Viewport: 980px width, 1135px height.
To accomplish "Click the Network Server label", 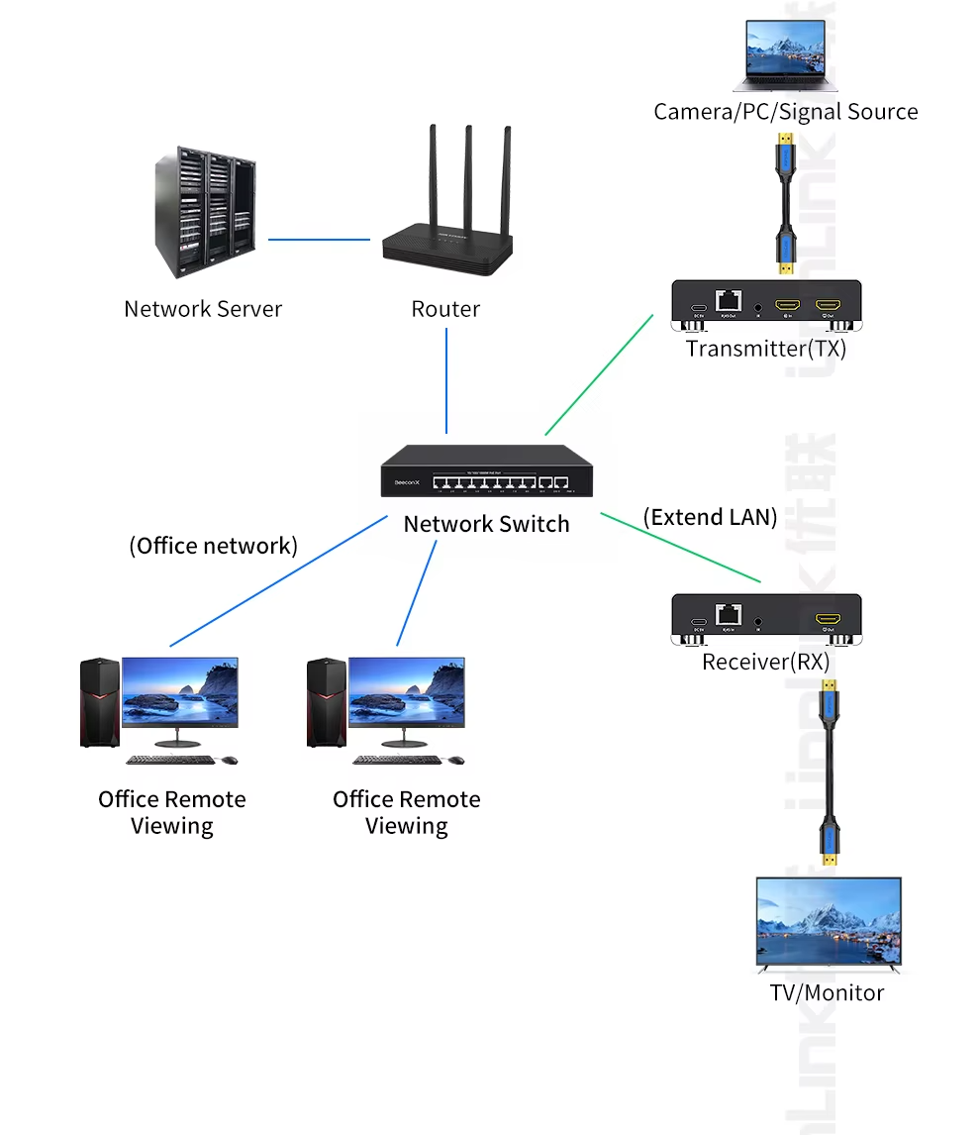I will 203,309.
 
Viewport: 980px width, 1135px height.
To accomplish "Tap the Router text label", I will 445,309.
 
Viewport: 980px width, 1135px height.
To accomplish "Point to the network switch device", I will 487,471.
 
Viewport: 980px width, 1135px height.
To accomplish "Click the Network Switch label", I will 486,524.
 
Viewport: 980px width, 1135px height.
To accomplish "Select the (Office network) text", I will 214,546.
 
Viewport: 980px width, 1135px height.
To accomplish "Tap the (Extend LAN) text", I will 710,517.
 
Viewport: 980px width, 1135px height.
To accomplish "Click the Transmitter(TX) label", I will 766,349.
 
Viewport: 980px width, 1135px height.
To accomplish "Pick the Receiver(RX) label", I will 766,662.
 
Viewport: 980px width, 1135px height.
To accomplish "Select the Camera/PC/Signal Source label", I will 785,112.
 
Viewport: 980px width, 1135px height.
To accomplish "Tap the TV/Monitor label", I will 827,992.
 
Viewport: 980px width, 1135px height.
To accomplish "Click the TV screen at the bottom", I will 828,920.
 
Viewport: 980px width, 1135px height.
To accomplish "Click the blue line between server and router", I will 319,239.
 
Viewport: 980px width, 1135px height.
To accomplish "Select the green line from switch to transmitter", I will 599,374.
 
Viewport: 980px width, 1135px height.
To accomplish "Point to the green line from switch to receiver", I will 680,547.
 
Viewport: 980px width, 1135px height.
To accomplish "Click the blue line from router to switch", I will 446,381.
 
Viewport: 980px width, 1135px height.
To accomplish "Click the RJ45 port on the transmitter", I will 729,298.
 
